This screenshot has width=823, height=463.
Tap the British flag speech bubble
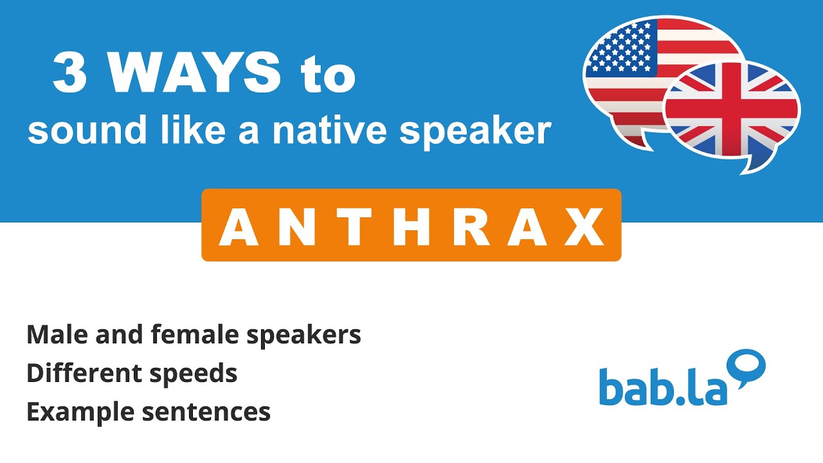pyautogui.click(x=732, y=113)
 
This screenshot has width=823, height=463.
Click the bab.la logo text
pyautogui.click(x=664, y=386)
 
